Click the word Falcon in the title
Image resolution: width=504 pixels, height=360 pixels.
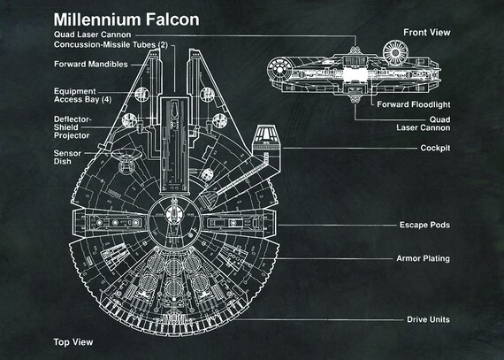(169, 19)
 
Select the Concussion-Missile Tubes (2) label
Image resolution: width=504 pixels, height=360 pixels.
(110, 46)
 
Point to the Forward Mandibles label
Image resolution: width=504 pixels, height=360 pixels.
(89, 65)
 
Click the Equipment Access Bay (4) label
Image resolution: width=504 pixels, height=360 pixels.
(82, 96)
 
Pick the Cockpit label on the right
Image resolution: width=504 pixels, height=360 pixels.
(433, 148)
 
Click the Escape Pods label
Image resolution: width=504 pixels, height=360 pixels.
(424, 226)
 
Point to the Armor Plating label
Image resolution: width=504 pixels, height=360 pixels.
(424, 259)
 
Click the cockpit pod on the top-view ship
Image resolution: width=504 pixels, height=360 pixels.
(266, 137)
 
